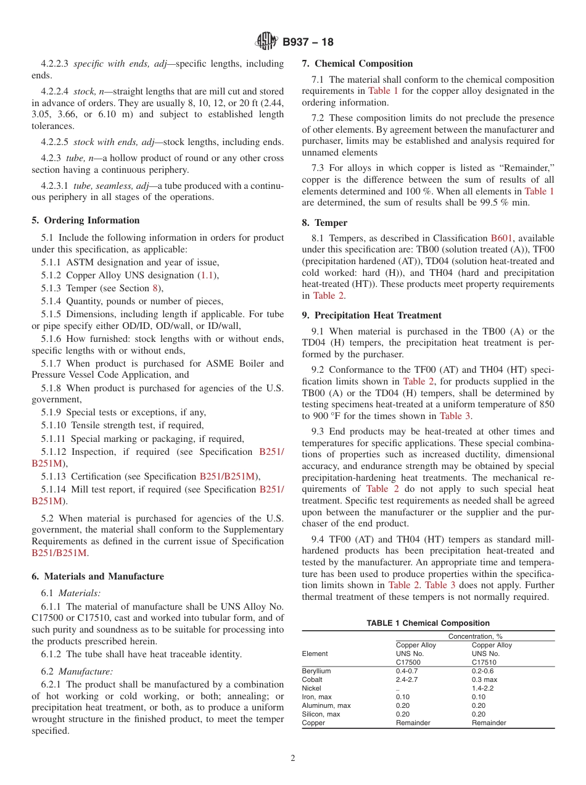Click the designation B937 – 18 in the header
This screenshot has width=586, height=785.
click(x=308, y=43)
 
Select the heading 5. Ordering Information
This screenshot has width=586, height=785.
click(x=86, y=220)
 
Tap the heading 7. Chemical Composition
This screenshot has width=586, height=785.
click(x=357, y=64)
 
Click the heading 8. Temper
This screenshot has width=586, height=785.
click(x=324, y=223)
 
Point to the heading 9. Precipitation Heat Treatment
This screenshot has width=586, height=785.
click(x=371, y=315)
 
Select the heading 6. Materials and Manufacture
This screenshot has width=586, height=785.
click(x=97, y=576)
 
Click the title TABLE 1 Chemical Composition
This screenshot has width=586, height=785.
click(x=428, y=623)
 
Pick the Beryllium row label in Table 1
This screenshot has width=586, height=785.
click(x=316, y=671)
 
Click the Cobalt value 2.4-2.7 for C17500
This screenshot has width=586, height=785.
click(x=406, y=679)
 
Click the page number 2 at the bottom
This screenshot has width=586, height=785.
click(x=293, y=758)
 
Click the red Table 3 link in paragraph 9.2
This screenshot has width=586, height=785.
click(x=455, y=416)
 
